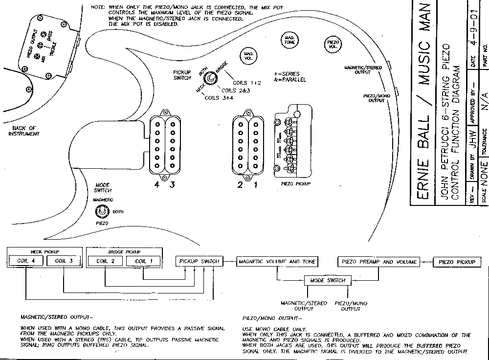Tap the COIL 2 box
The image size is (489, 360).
105,261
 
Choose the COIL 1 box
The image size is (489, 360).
144,261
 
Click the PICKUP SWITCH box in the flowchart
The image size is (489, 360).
199,262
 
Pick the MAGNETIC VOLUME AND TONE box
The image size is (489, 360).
277,262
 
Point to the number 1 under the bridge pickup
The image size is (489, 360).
254,185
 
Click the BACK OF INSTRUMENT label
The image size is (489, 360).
24,131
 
